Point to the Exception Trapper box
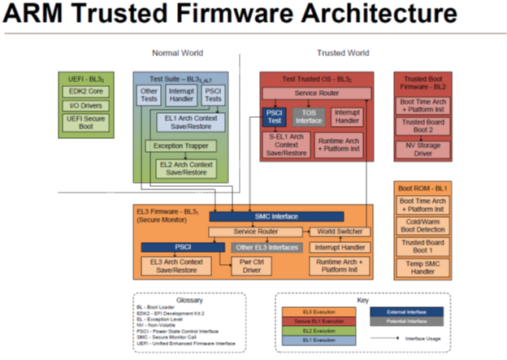pyautogui.click(x=180, y=146)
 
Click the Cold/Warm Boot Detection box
pyautogui.click(x=421, y=224)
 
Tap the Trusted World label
pyautogui.click(x=342, y=53)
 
